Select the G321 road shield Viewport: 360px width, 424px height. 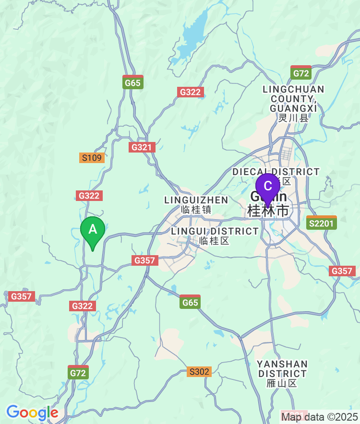[142, 147]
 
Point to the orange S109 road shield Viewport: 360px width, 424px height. [92, 158]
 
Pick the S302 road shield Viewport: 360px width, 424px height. [199, 371]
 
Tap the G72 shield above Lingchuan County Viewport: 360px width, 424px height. [301, 73]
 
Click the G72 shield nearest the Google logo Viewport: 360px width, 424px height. [78, 372]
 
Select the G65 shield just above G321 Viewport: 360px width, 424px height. [132, 82]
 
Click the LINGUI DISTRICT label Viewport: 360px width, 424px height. [215, 231]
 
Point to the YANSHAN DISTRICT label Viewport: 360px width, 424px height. [282, 368]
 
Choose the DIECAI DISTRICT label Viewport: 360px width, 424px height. [276, 172]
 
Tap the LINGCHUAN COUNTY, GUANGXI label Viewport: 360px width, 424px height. [294, 99]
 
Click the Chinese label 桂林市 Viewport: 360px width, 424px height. [268, 210]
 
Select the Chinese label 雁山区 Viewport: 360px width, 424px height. [282, 383]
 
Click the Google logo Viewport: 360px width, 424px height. [32, 412]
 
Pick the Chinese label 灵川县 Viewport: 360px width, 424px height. [294, 118]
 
